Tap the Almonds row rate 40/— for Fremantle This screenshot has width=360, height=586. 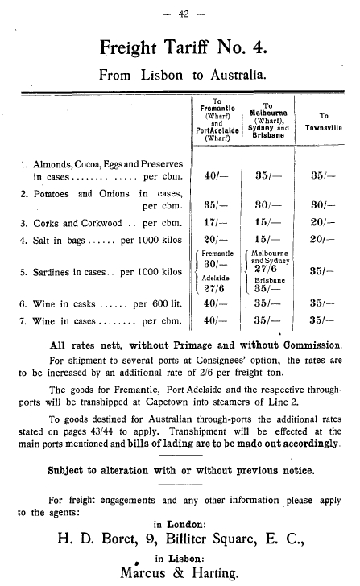pos(213,174)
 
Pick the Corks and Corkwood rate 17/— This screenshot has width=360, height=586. pos(213,222)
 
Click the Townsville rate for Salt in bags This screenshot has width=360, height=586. pos(321,239)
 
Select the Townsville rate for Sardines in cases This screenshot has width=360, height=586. pos(321,271)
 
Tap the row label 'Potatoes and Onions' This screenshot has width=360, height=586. pos(80,193)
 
